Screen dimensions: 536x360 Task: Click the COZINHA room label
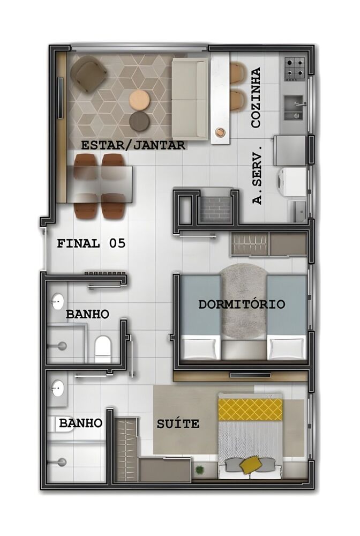pyautogui.click(x=256, y=98)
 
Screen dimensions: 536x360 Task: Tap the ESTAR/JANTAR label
pyautogui.click(x=133, y=145)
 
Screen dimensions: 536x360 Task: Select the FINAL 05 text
pyautogui.click(x=91, y=243)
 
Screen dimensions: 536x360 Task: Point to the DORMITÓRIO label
pyautogui.click(x=242, y=304)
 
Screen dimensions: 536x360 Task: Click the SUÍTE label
pyautogui.click(x=178, y=424)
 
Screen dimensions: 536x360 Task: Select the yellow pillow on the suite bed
pyautogui.click(x=250, y=464)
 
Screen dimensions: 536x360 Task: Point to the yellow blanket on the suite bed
pyautogui.click(x=250, y=410)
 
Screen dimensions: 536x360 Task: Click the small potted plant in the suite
pyautogui.click(x=199, y=470)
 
